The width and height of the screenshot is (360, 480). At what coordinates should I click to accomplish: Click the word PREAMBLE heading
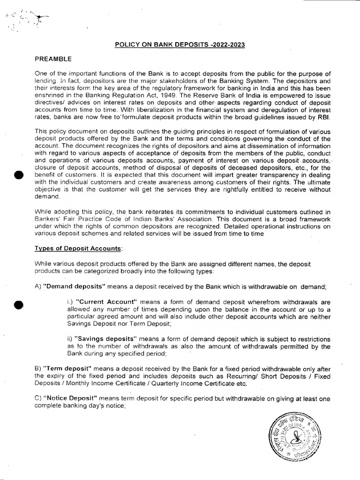coord(53,60)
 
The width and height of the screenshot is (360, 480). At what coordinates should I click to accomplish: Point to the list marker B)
coord(38,369)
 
